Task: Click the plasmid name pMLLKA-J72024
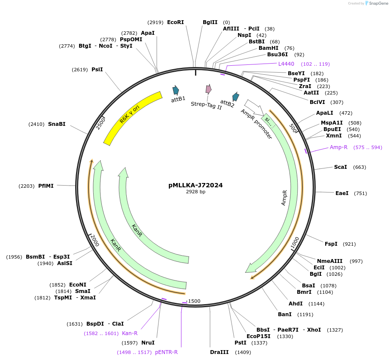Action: click(195, 186)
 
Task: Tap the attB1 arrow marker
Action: click(176, 90)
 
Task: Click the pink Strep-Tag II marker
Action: click(208, 89)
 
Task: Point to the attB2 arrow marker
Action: click(235, 97)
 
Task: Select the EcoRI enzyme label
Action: click(175, 22)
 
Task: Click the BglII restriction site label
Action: click(210, 22)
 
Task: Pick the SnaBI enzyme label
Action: click(57, 124)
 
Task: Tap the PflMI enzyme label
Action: click(46, 186)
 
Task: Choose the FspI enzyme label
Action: click(331, 244)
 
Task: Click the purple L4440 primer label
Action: click(286, 64)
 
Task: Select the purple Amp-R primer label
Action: click(338, 147)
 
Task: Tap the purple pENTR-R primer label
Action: click(166, 352)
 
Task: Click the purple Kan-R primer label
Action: click(130, 333)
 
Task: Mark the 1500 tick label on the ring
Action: click(194, 301)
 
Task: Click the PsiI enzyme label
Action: click(97, 70)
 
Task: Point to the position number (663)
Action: click(360, 167)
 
